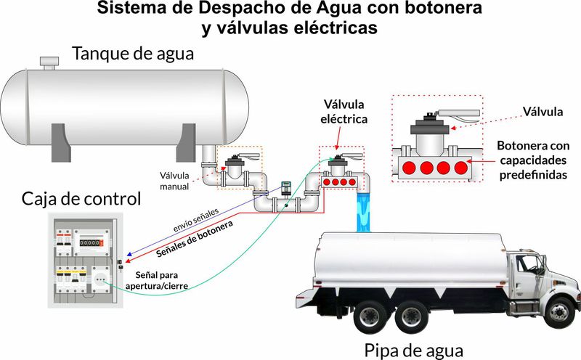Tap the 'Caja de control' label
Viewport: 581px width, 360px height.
point(81,198)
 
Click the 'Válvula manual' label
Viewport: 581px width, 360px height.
point(175,181)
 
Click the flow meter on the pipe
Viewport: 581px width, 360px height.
point(285,187)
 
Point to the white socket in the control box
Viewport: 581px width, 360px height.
point(99,279)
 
